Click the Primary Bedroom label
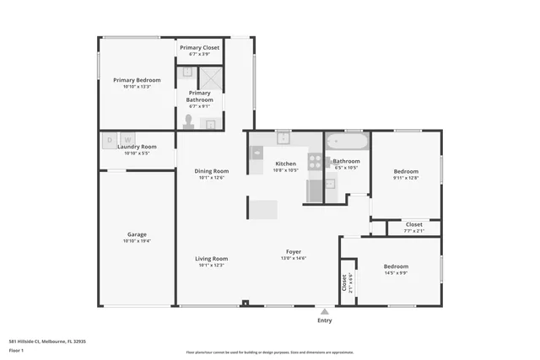click(x=136, y=80)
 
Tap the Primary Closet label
click(x=199, y=48)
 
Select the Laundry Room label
click(x=136, y=147)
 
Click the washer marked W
click(x=127, y=139)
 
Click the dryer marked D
click(x=109, y=139)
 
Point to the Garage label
click(x=136, y=235)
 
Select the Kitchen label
click(x=285, y=164)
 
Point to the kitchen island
click(x=263, y=207)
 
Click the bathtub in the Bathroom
click(x=347, y=142)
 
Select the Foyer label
click(x=294, y=252)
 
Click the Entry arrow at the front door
click(x=324, y=310)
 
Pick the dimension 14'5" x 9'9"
click(x=396, y=273)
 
